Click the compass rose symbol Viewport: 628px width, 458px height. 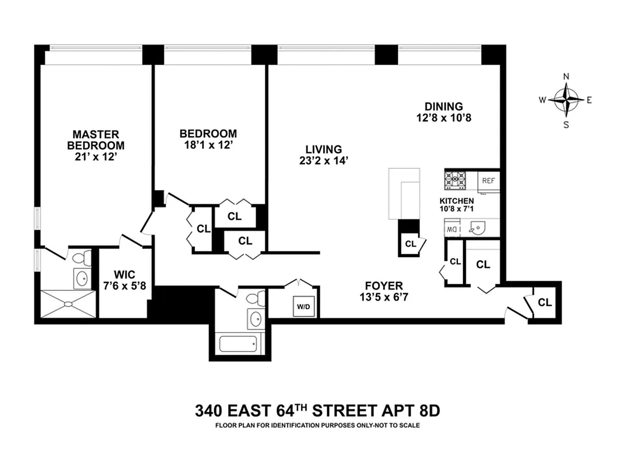tap(566, 100)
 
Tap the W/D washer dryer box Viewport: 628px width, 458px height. tap(303, 306)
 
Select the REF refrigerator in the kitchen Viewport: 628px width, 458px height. tap(488, 180)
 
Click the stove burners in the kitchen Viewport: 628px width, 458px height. tap(456, 180)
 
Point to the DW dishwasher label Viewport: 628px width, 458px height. tap(450, 229)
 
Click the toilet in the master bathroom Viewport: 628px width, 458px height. tap(81, 257)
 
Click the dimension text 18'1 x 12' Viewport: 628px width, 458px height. tap(208, 145)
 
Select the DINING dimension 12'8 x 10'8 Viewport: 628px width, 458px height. tap(443, 118)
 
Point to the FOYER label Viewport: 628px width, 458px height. tap(384, 285)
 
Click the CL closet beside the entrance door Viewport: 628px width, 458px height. tap(545, 302)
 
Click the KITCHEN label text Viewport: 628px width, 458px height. tap(456, 201)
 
